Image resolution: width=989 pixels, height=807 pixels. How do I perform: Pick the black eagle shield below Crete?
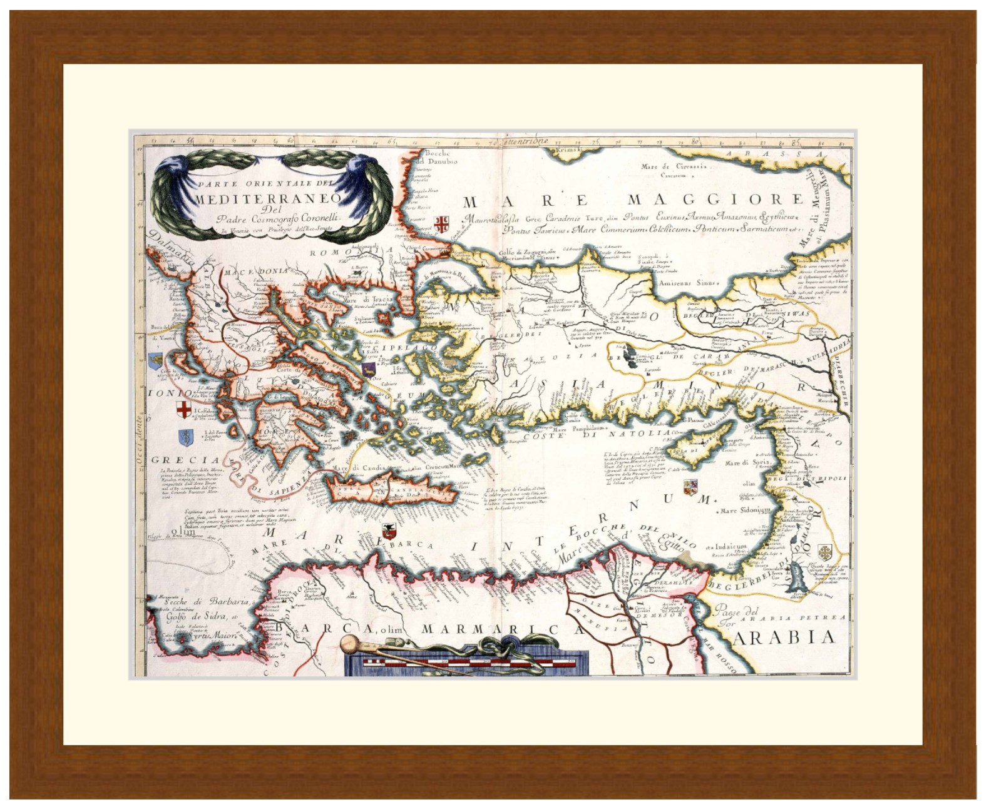click(389, 532)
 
